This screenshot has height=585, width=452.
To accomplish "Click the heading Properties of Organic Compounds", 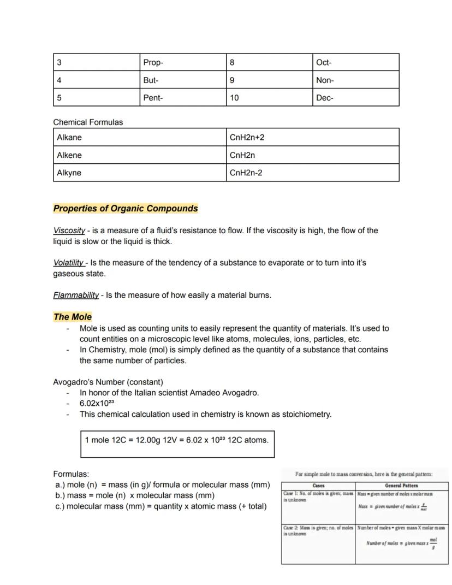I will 126,209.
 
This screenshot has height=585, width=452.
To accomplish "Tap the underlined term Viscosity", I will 69,231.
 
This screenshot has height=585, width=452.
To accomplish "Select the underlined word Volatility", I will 69,263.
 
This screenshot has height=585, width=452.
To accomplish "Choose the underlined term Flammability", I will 76,296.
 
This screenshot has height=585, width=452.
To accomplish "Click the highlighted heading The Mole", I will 73,317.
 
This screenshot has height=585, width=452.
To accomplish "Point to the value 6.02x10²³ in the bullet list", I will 97,404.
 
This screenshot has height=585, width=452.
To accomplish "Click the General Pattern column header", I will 402,486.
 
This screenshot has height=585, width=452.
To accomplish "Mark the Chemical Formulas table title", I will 88,122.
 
